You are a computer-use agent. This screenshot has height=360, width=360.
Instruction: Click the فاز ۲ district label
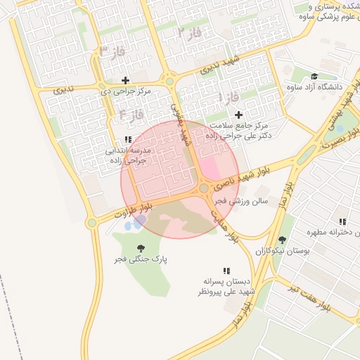[189, 32]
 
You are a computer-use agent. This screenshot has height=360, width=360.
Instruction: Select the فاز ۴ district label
[131, 113]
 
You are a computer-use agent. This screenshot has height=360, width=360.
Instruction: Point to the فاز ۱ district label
[229, 95]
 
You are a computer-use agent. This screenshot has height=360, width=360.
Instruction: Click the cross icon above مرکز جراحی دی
[126, 80]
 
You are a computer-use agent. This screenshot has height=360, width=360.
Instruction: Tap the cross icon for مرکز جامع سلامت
[238, 115]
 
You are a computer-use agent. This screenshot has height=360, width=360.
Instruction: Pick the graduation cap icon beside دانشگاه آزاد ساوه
[314, 76]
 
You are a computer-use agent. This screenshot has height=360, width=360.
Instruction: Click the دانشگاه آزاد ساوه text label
[314, 87]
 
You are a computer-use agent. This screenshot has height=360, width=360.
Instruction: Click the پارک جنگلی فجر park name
[143, 259]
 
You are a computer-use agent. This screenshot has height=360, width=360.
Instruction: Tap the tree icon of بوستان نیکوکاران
[282, 240]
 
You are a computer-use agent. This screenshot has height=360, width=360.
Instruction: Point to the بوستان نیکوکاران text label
[279, 251]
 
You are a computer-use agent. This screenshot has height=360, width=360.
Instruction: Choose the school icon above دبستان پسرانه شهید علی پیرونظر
[226, 271]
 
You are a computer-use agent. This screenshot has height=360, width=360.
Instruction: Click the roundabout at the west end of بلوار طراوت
[91, 223]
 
